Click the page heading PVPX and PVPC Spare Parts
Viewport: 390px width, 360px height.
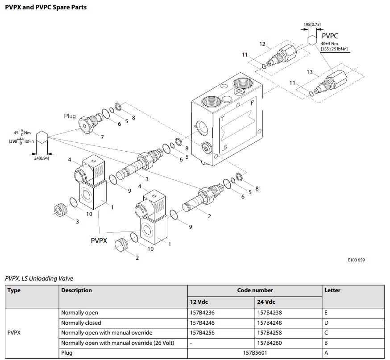pyautogui.click(x=46, y=7)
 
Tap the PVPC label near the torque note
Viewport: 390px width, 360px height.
pyautogui.click(x=330, y=36)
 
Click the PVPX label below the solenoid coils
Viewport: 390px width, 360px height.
pyautogui.click(x=100, y=240)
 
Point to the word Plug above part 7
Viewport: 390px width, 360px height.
pyautogui.click(x=70, y=116)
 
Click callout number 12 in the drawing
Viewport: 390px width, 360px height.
pyautogui.click(x=262, y=44)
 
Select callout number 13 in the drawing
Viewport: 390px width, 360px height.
pyautogui.click(x=310, y=72)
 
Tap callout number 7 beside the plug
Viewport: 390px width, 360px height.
pyautogui.click(x=102, y=137)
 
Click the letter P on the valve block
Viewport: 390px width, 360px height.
pyautogui.click(x=253, y=103)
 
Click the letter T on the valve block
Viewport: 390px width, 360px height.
pyautogui.click(x=223, y=120)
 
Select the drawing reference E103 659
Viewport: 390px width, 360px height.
pyautogui.click(x=356, y=260)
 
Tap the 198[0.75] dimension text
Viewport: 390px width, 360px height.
pyautogui.click(x=312, y=24)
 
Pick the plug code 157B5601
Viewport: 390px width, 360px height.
pyautogui.click(x=255, y=353)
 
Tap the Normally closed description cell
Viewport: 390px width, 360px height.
pyautogui.click(x=81, y=323)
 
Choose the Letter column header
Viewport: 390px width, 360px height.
pyautogui.click(x=332, y=290)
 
